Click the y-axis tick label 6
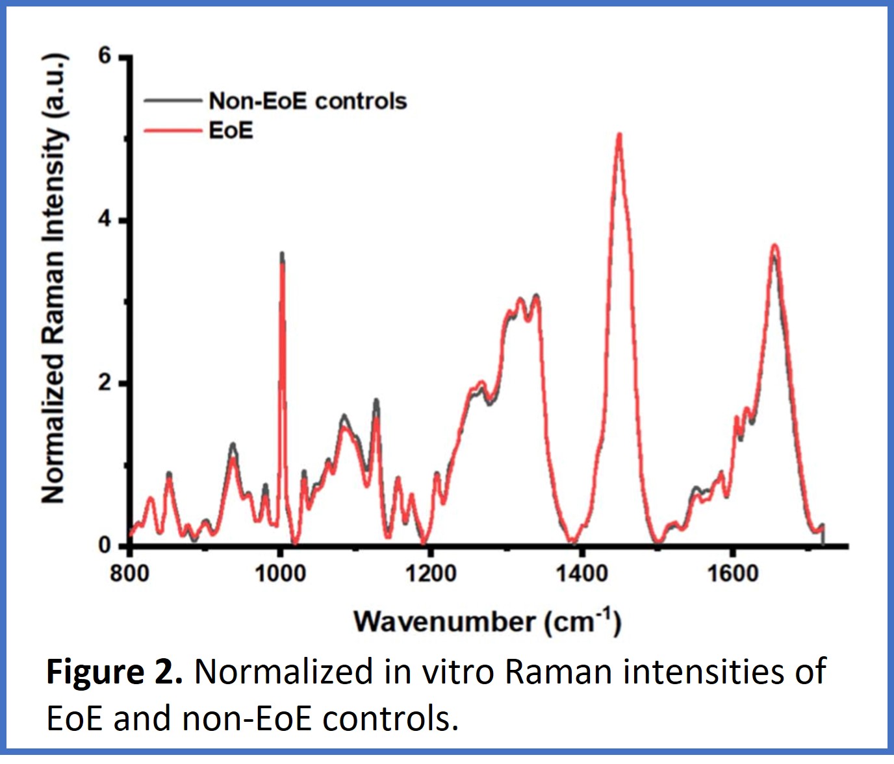pos(105,56)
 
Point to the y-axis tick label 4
pos(105,219)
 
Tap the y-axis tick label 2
pos(105,383)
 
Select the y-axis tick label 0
pos(105,545)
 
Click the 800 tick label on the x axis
pos(129,574)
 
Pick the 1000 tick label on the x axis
pos(280,574)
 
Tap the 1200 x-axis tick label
pos(430,574)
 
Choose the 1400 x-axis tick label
pos(581,574)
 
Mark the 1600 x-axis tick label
pos(732,574)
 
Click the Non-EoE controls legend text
pos(308,101)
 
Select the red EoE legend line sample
pos(172,131)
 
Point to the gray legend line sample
pos(172,101)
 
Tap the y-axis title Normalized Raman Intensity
pos(54,279)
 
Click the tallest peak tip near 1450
pos(619,134)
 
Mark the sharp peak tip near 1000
pos(282,254)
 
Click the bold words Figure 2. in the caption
pos(114,671)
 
